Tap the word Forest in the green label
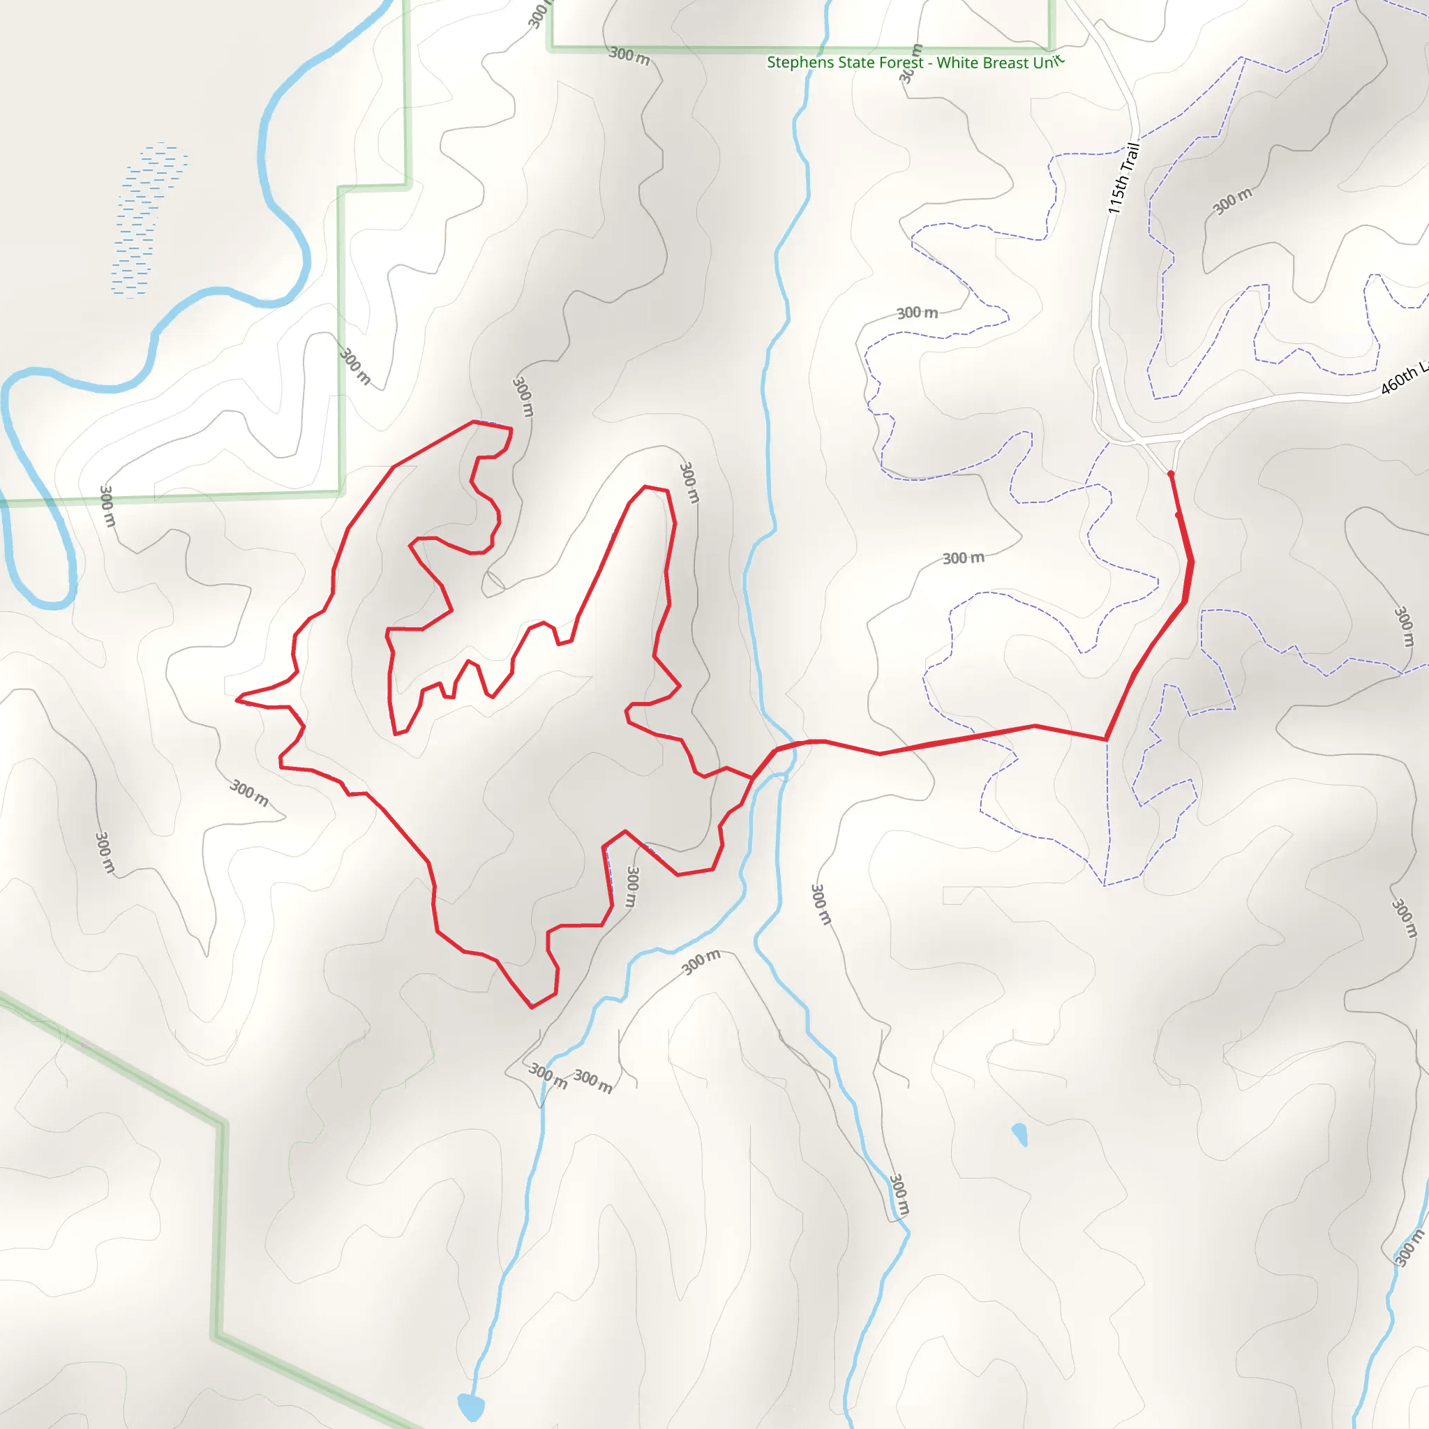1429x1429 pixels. click(x=900, y=62)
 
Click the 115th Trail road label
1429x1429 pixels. click(x=1123, y=178)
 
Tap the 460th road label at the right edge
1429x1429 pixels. click(x=1402, y=379)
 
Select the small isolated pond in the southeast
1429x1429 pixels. click(x=1020, y=1134)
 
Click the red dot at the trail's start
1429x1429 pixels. click(x=1170, y=473)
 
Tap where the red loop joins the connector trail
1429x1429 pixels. click(x=752, y=778)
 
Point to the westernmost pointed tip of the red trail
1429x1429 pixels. click(x=237, y=699)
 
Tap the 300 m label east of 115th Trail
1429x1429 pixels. click(x=1232, y=200)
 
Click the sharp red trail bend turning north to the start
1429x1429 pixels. click(x=1107, y=739)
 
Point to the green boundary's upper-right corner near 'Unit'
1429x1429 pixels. click(x=1051, y=49)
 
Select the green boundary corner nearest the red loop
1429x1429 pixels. click(x=341, y=492)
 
